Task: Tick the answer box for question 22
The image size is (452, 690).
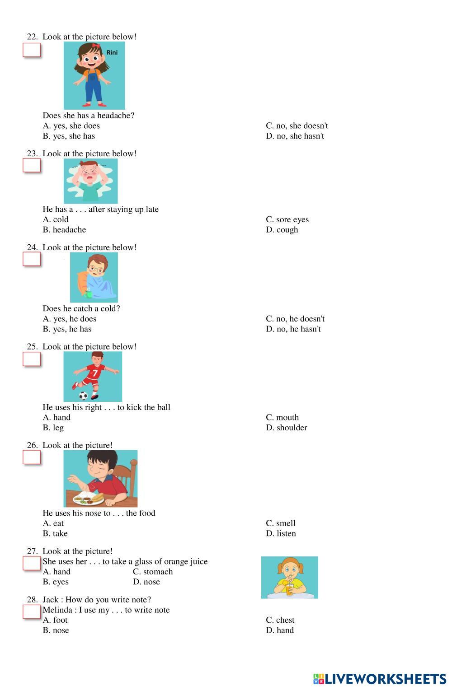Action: (32, 50)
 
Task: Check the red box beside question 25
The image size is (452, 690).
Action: (32, 359)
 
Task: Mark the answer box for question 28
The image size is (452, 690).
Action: (32, 612)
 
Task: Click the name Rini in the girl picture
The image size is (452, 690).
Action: (112, 52)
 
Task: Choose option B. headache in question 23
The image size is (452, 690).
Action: (64, 230)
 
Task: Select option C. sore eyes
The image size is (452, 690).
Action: (287, 219)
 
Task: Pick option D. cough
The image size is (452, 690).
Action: (282, 230)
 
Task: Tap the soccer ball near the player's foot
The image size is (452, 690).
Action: (83, 396)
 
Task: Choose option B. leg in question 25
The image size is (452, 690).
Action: (53, 428)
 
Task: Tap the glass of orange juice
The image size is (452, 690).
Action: (290, 589)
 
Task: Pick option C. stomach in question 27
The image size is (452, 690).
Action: (153, 572)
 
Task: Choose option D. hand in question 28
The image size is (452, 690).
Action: (280, 630)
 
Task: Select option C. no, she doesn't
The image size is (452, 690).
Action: (297, 126)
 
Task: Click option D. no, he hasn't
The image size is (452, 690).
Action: (293, 329)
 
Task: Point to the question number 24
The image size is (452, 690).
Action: (32, 247)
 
